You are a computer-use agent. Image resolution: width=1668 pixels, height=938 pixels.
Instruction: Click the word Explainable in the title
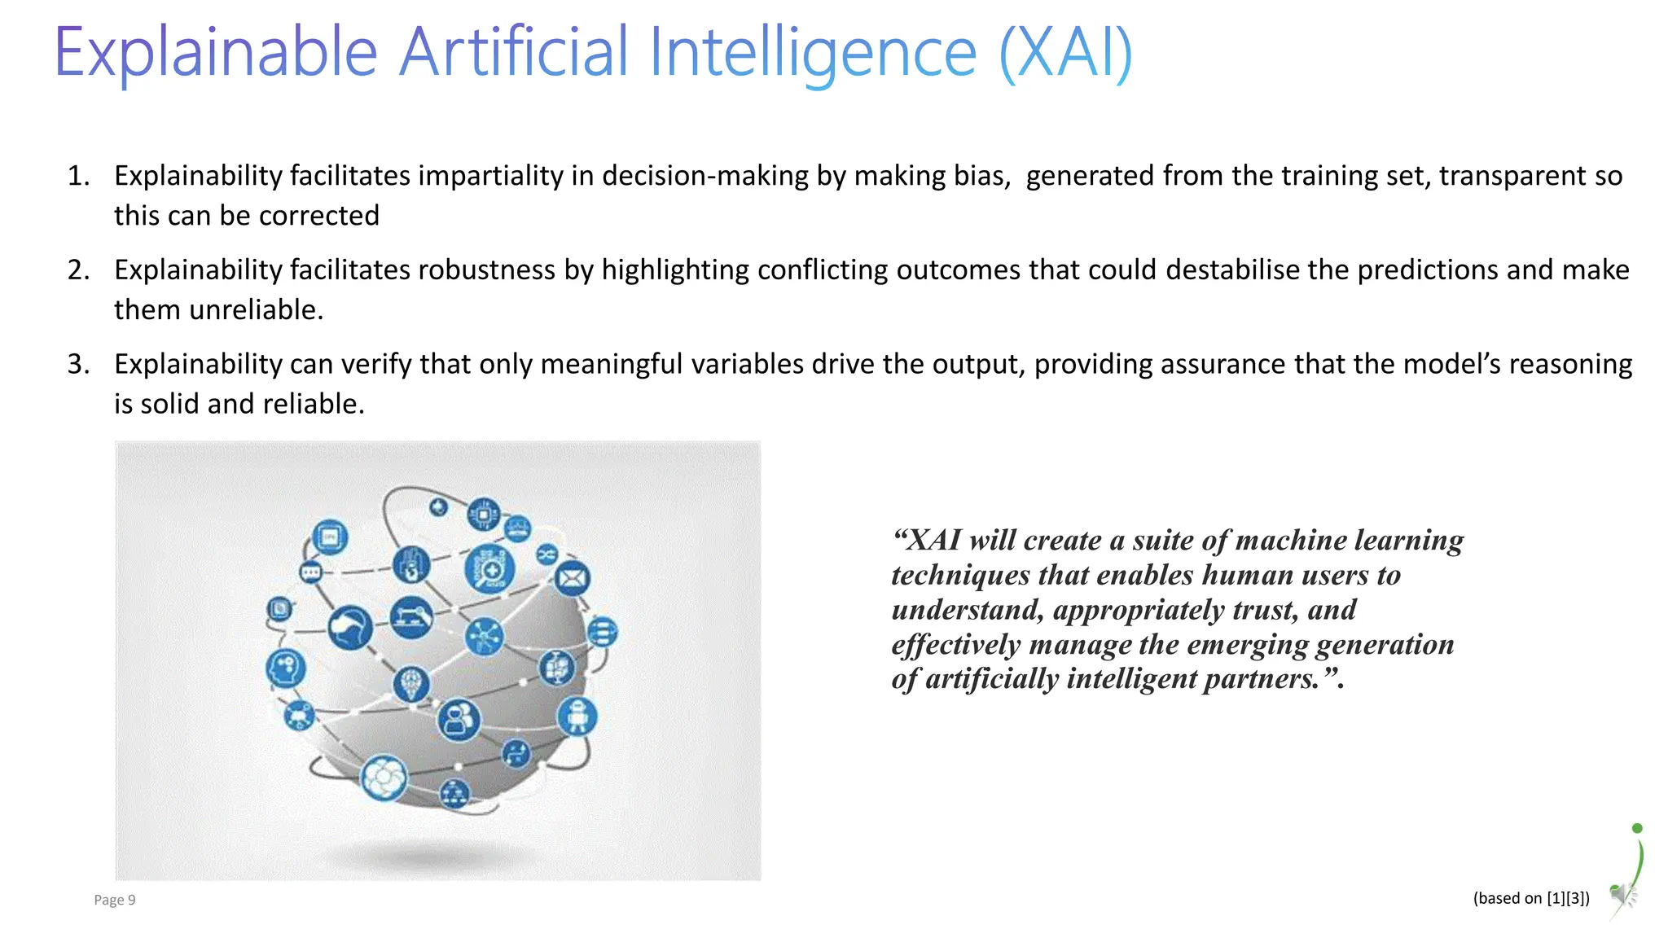click(216, 53)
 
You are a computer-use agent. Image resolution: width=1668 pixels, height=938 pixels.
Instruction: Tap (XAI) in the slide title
click(1065, 53)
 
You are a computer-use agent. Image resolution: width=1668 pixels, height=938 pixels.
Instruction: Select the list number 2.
click(78, 270)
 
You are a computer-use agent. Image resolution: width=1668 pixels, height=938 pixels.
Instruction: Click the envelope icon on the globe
click(573, 579)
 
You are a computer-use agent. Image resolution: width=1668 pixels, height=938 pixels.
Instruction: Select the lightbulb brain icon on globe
click(411, 682)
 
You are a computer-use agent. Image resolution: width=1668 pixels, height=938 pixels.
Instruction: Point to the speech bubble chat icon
click(311, 572)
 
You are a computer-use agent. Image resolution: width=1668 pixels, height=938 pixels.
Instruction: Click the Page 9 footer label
click(114, 900)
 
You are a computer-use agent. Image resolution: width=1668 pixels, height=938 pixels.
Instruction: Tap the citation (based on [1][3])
click(1531, 898)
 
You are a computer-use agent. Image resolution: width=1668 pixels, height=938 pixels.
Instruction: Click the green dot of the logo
click(1637, 828)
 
